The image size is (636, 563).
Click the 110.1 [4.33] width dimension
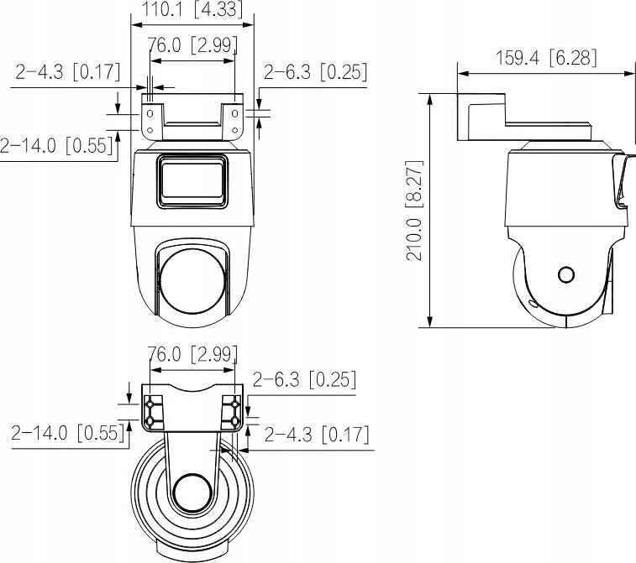[187, 10]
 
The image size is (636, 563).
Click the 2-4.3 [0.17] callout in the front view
[68, 72]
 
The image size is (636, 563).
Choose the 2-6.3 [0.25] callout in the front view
[315, 72]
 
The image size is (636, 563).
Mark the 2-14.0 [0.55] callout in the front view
[56, 145]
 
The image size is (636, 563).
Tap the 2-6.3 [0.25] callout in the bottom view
[303, 379]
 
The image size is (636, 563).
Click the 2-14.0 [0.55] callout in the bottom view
[68, 434]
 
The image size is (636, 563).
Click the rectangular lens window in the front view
[192, 180]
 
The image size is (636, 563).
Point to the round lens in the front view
[192, 283]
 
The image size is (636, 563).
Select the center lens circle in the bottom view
[192, 492]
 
